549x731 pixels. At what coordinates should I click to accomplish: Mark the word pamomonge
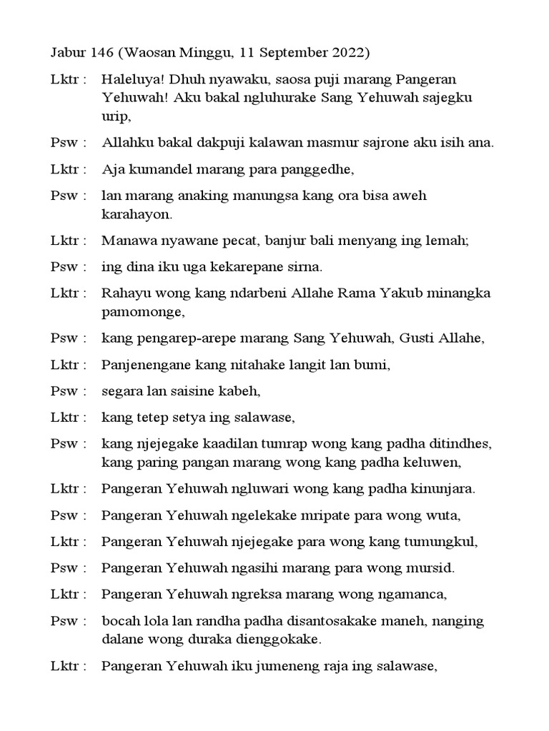pyautogui.click(x=143, y=312)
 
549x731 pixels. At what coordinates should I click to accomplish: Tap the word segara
pyautogui.click(x=122, y=391)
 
